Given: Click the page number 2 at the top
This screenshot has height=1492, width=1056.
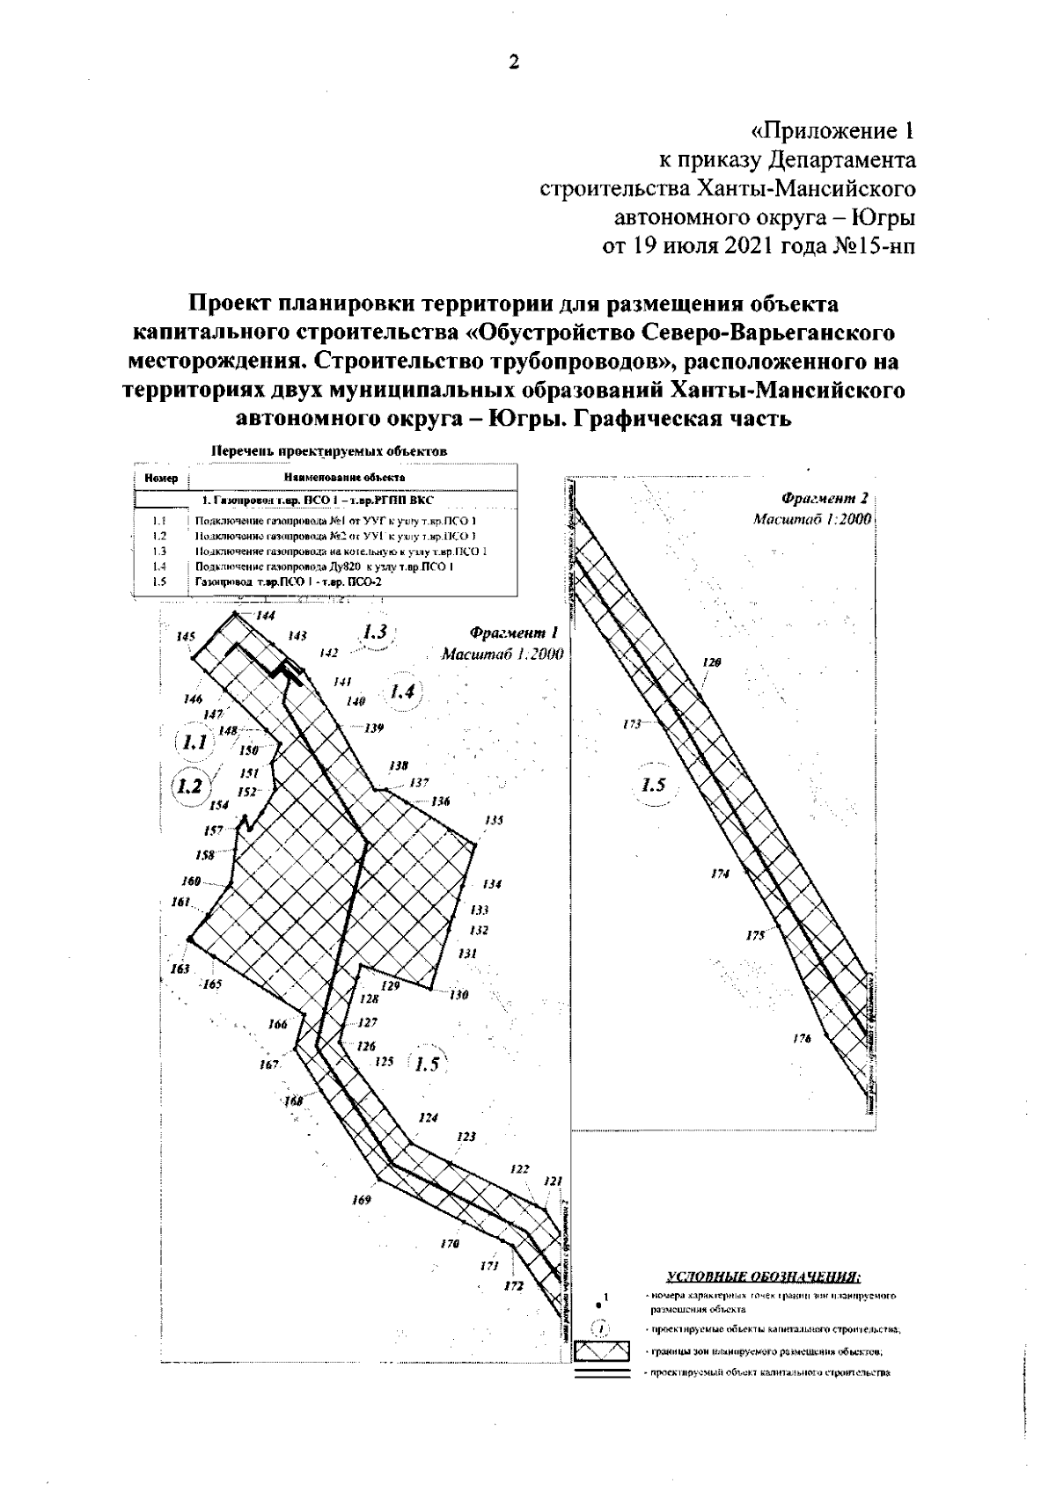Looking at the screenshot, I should coord(515,62).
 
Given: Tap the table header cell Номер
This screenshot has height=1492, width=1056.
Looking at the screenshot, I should coord(161,479).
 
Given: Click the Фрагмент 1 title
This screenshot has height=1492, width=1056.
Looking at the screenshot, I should coord(514,633).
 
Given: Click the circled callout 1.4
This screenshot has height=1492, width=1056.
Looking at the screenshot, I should coord(402,692).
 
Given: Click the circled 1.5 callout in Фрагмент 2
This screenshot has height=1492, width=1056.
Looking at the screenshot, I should coord(654,786).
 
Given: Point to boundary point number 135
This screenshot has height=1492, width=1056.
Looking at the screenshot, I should coord(494,820).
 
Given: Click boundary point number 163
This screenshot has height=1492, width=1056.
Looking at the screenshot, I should coord(180,969).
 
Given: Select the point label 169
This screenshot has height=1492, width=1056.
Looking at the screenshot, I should coord(361,1200).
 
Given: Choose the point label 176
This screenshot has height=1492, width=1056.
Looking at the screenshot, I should coord(801,1039).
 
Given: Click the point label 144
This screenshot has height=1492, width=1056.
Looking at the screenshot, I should coord(265,616).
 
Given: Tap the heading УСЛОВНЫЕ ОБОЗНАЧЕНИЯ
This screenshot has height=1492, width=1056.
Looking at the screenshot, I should coord(763,1276).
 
